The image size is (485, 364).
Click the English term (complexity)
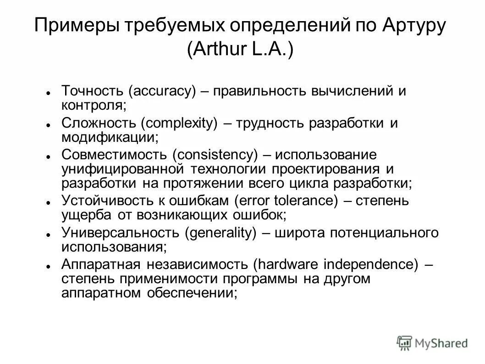point(178,123)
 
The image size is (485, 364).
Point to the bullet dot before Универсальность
point(48,235)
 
